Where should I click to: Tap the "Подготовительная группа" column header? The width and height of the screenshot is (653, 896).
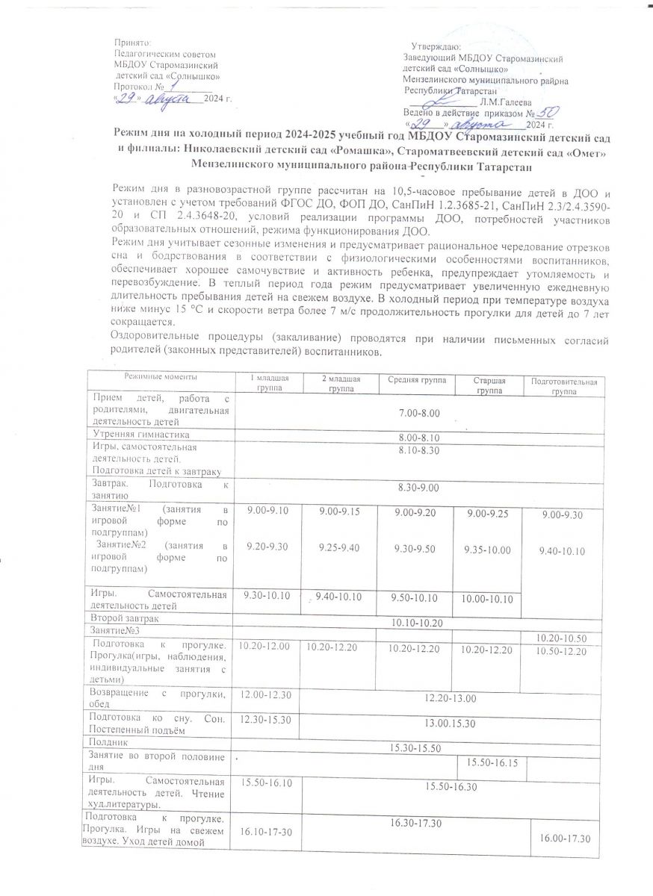pos(562,386)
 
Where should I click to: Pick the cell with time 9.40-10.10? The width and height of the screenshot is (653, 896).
pos(562,551)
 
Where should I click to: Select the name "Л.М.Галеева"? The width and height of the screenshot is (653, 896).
pos(507,102)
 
